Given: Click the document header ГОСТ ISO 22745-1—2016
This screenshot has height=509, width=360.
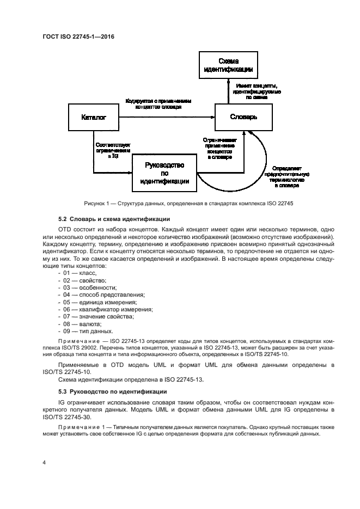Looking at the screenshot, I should coord(78,37).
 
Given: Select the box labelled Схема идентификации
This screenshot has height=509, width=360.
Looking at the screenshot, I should coord(228,65).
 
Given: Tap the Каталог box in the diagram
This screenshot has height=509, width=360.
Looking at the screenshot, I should coord(93,117).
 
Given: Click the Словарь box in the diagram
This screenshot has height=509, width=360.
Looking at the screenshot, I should coord(243,117).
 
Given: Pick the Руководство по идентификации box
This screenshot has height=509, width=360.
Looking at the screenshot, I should coord(164,173).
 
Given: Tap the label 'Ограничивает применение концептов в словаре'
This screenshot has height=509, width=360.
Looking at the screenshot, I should coord(219,148).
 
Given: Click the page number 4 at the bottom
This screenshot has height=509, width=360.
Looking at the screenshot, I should coord(44,462).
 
